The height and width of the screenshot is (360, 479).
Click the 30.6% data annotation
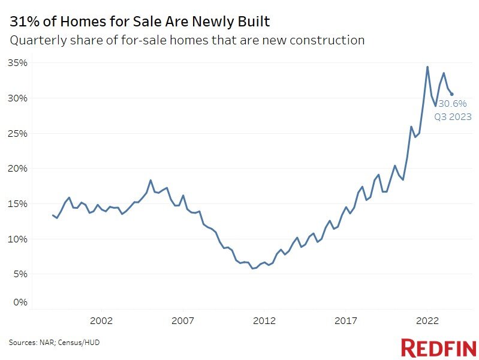click(453, 104)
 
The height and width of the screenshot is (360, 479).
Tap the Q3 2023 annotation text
click(453, 116)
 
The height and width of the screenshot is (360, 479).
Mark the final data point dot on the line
click(451, 94)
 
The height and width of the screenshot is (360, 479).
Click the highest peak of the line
click(427, 67)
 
